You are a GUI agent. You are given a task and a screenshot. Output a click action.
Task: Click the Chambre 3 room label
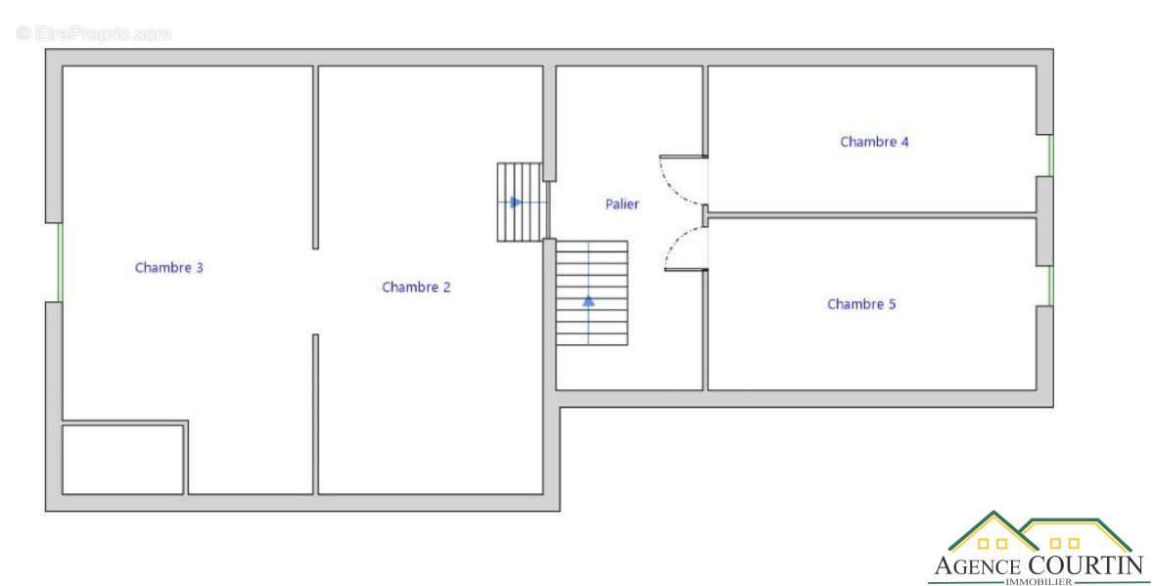pos(168,268)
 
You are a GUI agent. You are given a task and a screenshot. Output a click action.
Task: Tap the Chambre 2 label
pos(416,287)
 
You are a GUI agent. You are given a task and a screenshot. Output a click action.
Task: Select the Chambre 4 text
pos(874,142)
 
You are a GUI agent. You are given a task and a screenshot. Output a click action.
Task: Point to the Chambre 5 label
pos(861,304)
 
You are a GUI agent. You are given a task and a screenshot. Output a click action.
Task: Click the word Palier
pos(622,204)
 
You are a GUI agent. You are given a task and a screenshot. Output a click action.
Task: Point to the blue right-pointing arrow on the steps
pos(515,203)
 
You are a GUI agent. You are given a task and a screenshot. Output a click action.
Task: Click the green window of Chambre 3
pos(60,262)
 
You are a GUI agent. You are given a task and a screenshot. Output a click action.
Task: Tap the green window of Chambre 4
pos(1051,156)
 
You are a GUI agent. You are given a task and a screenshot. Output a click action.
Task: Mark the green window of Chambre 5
pos(1051,286)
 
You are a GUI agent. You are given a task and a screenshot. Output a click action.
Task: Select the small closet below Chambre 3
pos(123,460)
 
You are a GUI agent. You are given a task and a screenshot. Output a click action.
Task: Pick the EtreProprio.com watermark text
pos(93,34)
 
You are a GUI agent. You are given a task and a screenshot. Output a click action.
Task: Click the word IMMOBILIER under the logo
pos(1039,581)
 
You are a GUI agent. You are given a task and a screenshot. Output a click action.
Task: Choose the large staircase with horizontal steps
pos(592,293)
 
